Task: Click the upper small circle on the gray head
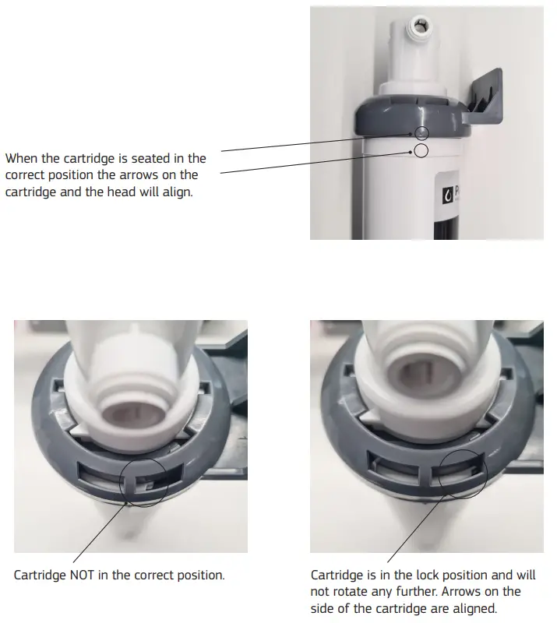click(421, 133)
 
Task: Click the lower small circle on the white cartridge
click(421, 150)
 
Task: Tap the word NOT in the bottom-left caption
click(83, 575)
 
